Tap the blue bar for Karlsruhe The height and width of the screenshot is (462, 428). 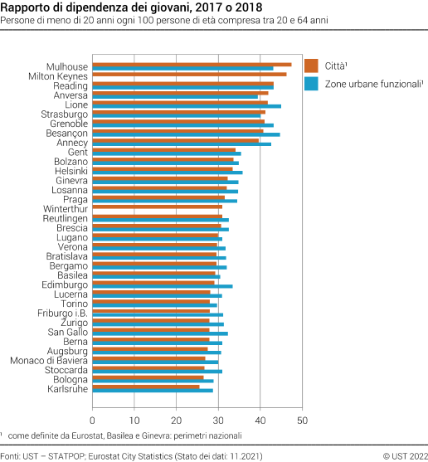153,391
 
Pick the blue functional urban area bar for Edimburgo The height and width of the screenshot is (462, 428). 163,286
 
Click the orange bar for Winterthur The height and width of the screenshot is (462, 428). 157,206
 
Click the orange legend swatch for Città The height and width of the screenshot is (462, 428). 312,66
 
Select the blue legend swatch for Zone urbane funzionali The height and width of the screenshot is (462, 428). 312,84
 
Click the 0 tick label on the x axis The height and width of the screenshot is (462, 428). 93,408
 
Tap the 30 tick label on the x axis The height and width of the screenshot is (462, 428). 219,408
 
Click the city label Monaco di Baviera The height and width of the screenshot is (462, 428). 49,360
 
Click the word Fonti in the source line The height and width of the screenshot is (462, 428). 11,455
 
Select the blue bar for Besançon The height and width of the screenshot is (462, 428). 186,134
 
